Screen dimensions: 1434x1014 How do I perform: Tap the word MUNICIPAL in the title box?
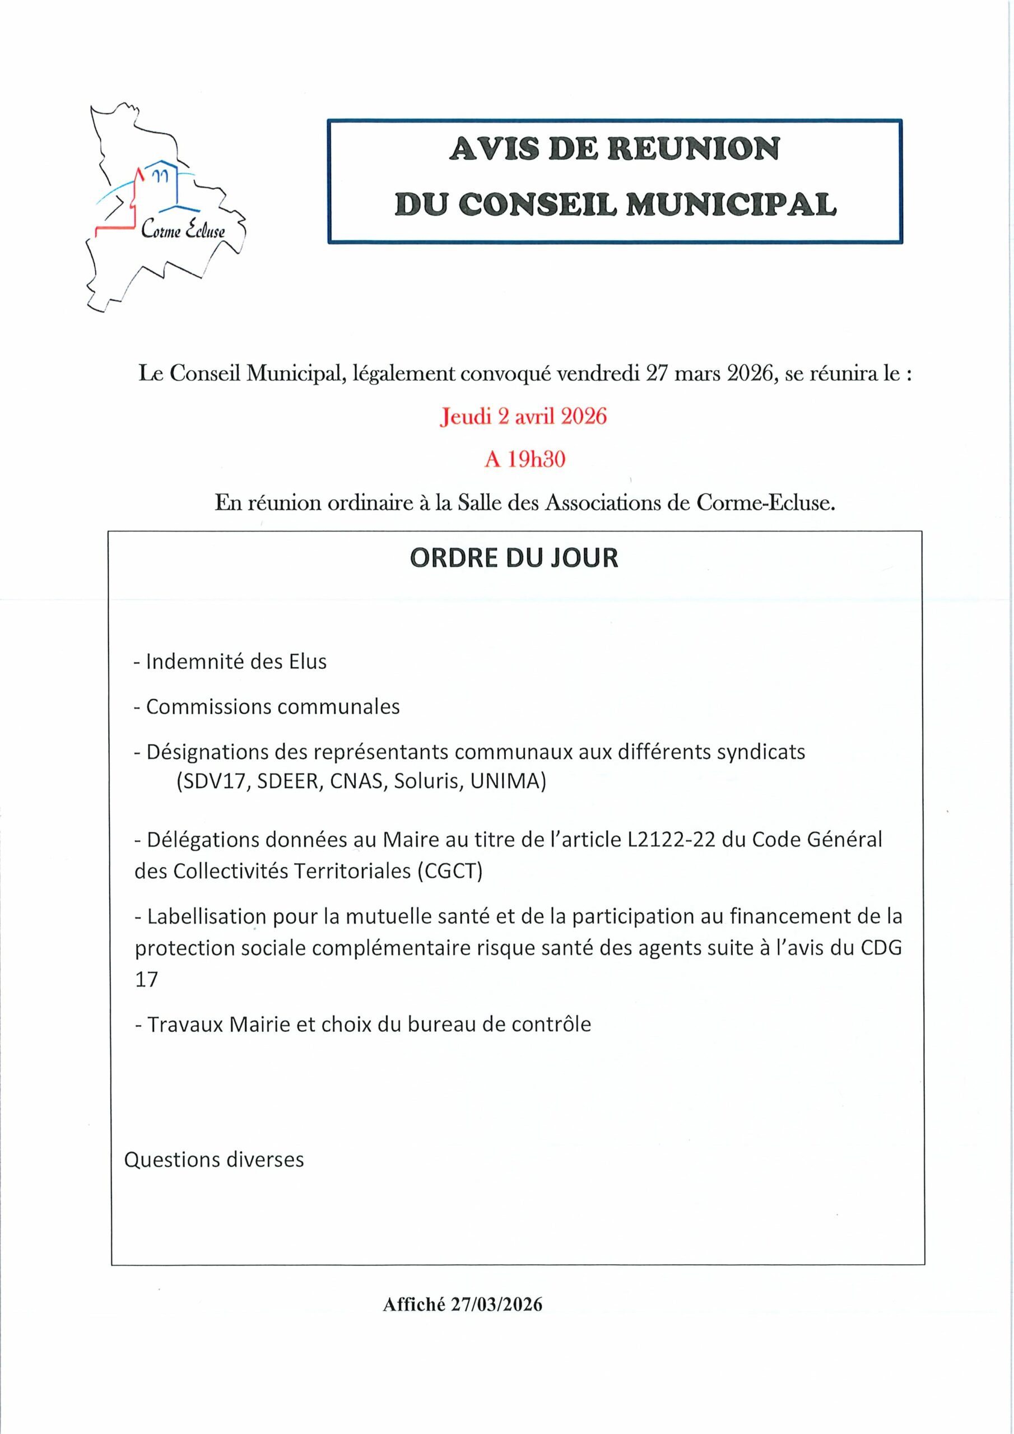[x=731, y=205]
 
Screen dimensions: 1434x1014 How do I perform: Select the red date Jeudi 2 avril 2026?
[x=524, y=417]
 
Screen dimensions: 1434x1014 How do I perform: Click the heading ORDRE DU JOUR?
[x=514, y=558]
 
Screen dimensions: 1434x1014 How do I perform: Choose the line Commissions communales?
[x=267, y=707]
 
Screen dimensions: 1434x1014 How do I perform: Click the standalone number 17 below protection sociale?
[x=146, y=980]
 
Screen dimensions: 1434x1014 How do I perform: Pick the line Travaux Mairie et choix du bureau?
[x=363, y=1025]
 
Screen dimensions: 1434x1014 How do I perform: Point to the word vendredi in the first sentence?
[x=596, y=375]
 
